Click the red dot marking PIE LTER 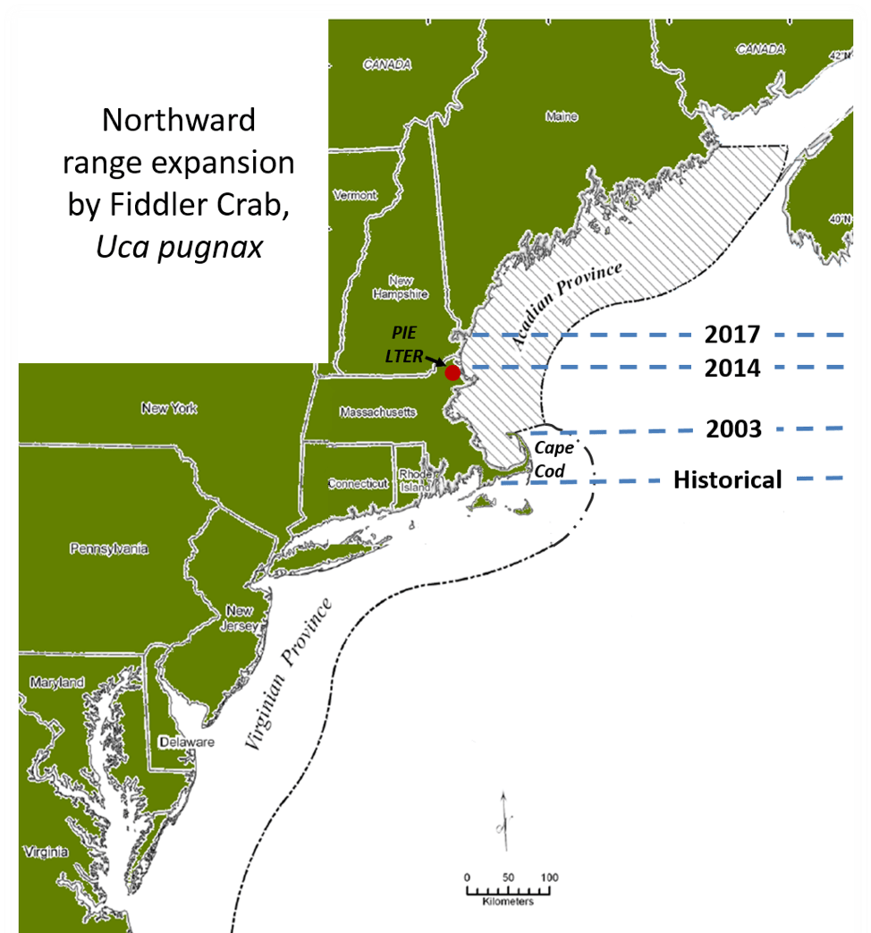(452, 372)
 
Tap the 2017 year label (731, 335)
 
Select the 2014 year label (731, 368)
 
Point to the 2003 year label (733, 429)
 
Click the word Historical (727, 480)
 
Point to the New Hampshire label (399, 286)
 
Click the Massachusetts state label (377, 412)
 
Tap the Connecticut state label (358, 484)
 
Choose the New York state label (169, 409)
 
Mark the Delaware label (186, 742)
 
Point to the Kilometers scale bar (507, 890)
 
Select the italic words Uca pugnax (180, 247)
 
